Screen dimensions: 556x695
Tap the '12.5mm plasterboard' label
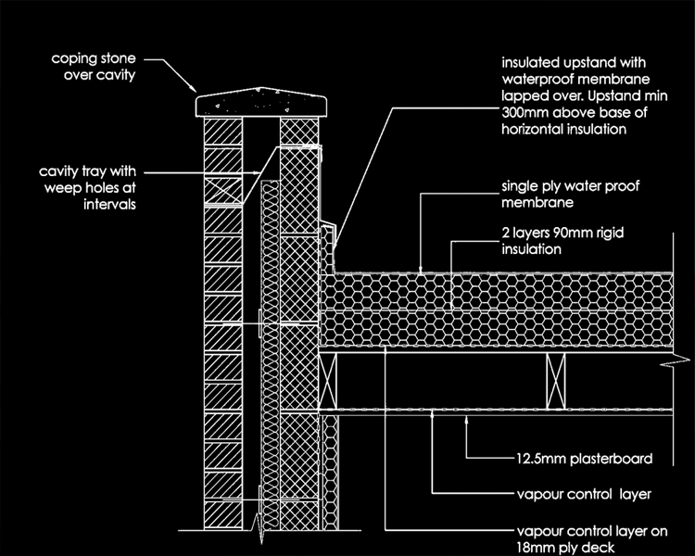[x=585, y=458]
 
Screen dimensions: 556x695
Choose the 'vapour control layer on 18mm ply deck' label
[x=583, y=539]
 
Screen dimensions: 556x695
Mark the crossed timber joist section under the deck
[x=555, y=381]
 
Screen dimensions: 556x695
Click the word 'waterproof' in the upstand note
[x=541, y=82]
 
